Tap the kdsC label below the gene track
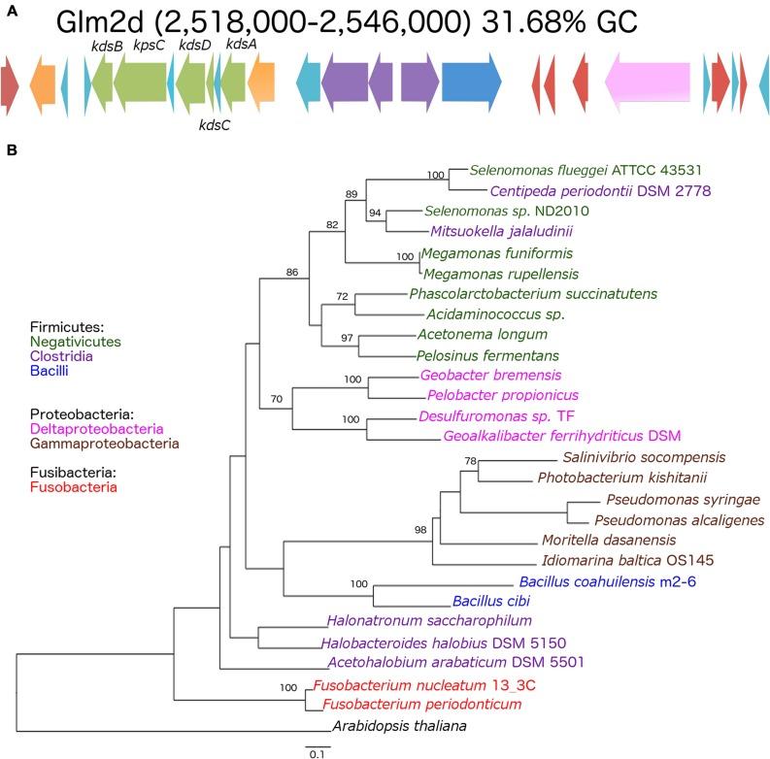(214, 124)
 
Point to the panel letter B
(11, 150)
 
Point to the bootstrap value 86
(291, 272)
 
